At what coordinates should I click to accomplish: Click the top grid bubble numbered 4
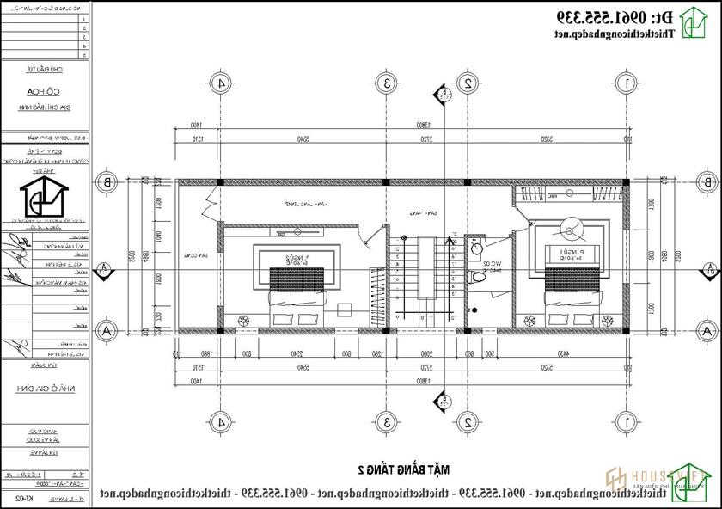tap(222, 83)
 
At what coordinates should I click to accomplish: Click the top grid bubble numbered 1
tap(628, 83)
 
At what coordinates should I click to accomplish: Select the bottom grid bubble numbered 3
tap(389, 422)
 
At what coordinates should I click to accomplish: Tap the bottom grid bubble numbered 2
tap(468, 422)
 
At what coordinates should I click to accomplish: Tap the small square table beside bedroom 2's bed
tap(346, 310)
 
